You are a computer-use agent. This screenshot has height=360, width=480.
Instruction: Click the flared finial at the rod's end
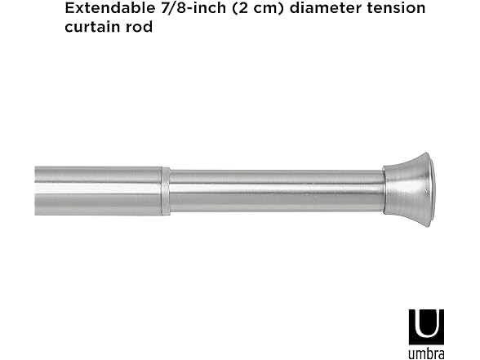[408, 189]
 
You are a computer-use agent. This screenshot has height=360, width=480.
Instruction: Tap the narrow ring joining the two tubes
[166, 191]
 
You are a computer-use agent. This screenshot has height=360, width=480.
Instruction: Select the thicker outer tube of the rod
[98, 190]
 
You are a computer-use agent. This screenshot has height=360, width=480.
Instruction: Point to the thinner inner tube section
[278, 190]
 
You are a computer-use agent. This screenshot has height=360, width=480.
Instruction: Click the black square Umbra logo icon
[426, 327]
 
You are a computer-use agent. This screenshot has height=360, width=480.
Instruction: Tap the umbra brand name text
[426, 352]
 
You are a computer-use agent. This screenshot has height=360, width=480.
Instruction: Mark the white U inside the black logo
[426, 325]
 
